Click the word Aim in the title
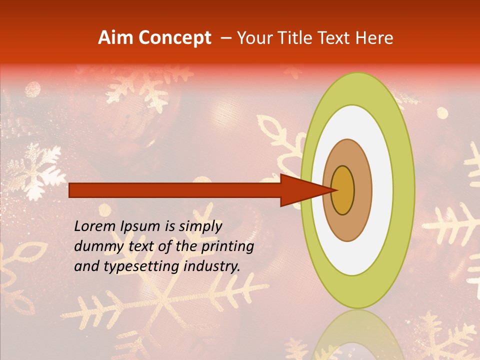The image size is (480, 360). [115, 38]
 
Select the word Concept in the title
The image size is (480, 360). [174, 38]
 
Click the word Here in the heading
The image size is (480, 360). [375, 38]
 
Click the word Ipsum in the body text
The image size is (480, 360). [141, 226]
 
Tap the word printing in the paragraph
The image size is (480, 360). [227, 246]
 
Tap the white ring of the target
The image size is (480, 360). [380, 200]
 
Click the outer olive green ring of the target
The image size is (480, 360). [403, 190]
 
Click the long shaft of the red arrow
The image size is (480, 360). [175, 190]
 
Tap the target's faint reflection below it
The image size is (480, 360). [357, 335]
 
